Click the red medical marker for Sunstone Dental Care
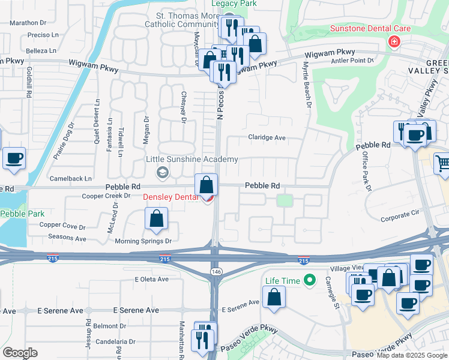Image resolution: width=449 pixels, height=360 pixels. pyautogui.click(x=394, y=41)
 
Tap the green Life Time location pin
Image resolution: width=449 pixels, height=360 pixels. pyautogui.click(x=310, y=280)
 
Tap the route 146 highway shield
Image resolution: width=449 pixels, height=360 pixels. pyautogui.click(x=214, y=272)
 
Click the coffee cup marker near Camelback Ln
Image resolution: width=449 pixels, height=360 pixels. pyautogui.click(x=14, y=160)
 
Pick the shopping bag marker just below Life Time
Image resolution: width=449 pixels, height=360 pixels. pyautogui.click(x=274, y=298)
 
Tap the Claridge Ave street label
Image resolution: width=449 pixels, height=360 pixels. pyautogui.click(x=267, y=137)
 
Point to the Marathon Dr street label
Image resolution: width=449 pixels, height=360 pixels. pyautogui.click(x=24, y=23)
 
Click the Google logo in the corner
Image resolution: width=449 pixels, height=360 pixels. pyautogui.click(x=20, y=353)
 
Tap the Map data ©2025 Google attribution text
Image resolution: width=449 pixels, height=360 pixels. pyautogui.click(x=411, y=355)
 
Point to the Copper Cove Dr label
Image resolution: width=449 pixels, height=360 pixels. pyautogui.click(x=59, y=225)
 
